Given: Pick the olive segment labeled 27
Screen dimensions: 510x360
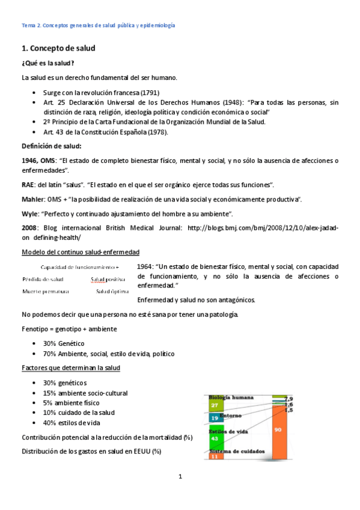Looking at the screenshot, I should (x=215, y=405).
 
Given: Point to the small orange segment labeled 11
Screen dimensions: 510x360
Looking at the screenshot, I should (x=215, y=457).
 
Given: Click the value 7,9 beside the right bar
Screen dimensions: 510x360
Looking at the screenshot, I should (x=288, y=399).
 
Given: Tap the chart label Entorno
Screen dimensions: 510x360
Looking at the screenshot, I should (x=231, y=415).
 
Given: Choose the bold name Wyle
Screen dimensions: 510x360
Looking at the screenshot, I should (x=29, y=214).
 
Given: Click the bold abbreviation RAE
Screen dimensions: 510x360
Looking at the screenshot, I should (x=28, y=184).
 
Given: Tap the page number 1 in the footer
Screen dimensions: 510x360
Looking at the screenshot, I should (x=180, y=477).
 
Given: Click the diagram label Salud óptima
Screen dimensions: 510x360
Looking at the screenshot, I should (x=111, y=292).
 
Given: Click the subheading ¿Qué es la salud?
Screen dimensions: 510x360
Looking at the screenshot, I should (x=48, y=63).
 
